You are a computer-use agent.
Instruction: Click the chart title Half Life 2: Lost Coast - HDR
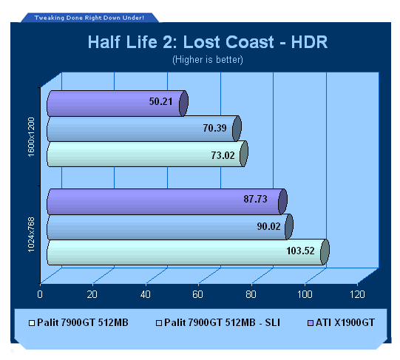point(208,42)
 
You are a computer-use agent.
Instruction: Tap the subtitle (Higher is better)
point(208,60)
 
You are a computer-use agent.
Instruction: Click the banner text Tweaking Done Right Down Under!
point(89,18)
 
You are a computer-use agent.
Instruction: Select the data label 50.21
point(160,101)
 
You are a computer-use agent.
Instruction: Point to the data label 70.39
point(215,128)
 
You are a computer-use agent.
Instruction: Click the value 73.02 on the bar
point(223,155)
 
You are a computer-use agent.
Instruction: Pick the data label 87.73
point(255,199)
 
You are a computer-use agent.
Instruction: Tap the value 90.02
point(269,226)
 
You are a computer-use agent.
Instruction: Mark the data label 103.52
point(300,251)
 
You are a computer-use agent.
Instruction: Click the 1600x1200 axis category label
point(31,137)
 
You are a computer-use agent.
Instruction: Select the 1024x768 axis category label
point(31,235)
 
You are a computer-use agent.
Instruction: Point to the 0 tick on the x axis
point(40,294)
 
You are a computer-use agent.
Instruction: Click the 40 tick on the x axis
point(146,294)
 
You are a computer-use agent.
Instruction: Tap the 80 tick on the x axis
point(251,294)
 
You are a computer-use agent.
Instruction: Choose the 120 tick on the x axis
point(357,294)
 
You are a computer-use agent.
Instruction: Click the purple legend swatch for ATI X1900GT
point(311,323)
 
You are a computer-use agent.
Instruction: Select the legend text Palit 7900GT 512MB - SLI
point(222,323)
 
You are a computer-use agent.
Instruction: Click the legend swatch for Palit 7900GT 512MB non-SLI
point(32,323)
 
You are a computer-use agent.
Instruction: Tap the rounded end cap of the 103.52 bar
point(325,252)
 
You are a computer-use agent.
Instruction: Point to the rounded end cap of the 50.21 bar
point(183,103)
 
